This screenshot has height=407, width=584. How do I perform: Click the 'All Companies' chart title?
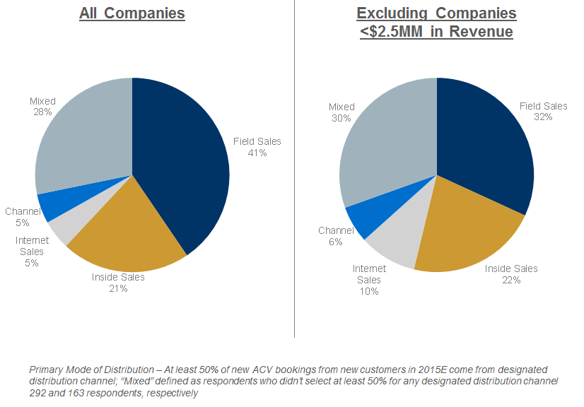click(x=132, y=13)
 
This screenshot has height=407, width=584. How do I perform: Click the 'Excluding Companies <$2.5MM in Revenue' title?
click(x=436, y=23)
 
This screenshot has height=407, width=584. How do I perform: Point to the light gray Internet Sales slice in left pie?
click(x=64, y=228)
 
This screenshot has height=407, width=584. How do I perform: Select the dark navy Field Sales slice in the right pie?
click(x=488, y=148)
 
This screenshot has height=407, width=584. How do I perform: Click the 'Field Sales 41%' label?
click(x=257, y=147)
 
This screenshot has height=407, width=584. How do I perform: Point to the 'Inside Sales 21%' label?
click(x=118, y=283)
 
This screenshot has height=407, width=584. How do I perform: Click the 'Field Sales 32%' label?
click(x=544, y=111)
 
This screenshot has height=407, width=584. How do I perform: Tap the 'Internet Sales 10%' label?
click(x=369, y=280)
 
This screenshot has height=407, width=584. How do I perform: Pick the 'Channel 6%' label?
click(x=336, y=236)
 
